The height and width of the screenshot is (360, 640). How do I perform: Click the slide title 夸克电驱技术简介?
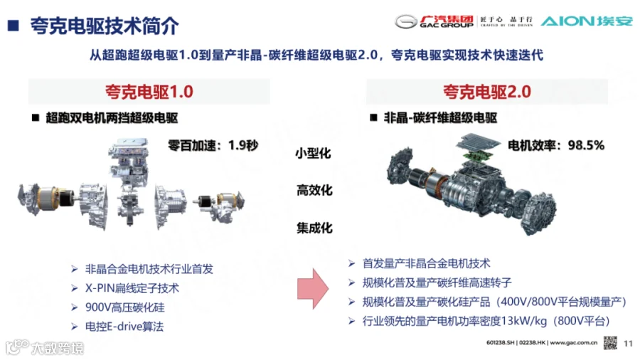(105, 26)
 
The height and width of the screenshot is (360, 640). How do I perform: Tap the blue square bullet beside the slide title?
(14, 26)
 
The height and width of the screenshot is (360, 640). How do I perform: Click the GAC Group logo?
(434, 21)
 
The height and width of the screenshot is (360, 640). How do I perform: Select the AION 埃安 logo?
(587, 21)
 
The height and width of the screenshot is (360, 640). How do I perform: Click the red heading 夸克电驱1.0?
(149, 92)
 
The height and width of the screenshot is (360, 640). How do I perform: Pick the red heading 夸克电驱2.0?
(487, 92)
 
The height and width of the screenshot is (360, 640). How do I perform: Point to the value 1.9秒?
(243, 145)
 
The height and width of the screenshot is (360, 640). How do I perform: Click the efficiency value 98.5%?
(586, 145)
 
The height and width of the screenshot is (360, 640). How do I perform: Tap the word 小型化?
(313, 154)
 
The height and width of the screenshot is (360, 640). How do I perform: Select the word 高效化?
(314, 190)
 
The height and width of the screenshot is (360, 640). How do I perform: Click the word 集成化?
(314, 228)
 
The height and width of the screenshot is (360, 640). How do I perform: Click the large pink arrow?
(313, 288)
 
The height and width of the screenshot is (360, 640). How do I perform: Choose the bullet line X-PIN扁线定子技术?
(132, 288)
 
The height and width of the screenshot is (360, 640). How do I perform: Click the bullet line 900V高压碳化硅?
(125, 307)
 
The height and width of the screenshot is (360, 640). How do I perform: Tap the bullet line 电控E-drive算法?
(124, 327)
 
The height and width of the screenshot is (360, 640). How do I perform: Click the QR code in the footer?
(611, 343)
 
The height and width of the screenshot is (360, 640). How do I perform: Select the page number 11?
(628, 344)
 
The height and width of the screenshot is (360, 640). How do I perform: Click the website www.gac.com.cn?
(573, 343)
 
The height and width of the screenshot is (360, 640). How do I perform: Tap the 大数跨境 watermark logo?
(45, 348)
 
